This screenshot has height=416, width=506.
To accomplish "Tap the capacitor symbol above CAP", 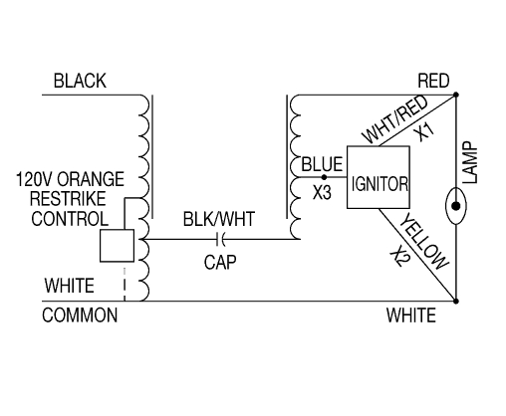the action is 220,239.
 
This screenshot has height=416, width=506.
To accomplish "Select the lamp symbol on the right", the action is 456,206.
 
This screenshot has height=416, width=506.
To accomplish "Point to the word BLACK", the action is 80,81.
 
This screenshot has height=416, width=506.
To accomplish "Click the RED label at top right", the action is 433,81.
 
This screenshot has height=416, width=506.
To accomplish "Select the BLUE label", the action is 322,164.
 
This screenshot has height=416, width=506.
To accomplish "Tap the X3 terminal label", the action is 322,192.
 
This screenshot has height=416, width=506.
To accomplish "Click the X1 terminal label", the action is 424,131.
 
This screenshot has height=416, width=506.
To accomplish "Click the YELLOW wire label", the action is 423,242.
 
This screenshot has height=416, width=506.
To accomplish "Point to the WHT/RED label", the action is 394,119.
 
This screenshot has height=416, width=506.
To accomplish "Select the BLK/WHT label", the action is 219,219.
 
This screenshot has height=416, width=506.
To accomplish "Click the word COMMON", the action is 80,315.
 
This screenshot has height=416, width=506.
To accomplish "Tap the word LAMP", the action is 470,162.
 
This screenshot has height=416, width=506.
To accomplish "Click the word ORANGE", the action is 91,179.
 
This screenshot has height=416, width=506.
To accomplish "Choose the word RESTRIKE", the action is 68,199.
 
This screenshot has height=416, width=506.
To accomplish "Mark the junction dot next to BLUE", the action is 324,177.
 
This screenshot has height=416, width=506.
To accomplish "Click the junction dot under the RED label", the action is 456,95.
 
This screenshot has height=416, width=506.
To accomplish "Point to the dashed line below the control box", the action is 125,285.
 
